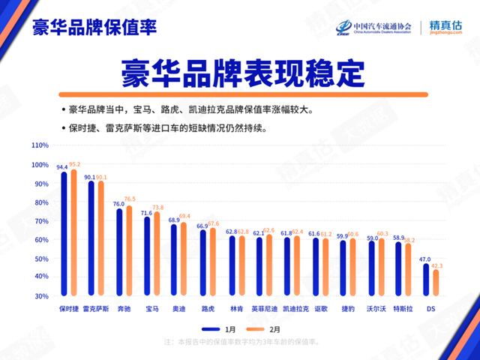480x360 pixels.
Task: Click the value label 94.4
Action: (x=62, y=167)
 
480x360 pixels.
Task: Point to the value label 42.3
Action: (x=437, y=265)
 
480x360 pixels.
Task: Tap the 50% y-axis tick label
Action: (x=41, y=259)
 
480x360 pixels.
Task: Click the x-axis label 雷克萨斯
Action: (x=96, y=308)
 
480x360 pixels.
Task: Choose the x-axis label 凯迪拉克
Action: (x=295, y=308)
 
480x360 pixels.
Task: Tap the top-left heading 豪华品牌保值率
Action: (x=94, y=28)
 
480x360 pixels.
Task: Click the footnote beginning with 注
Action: (x=240, y=342)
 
